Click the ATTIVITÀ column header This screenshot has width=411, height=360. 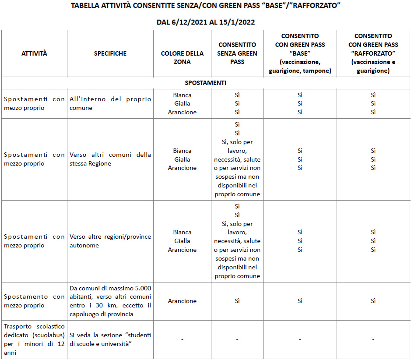click(34, 53)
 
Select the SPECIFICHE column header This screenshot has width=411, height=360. click(110, 53)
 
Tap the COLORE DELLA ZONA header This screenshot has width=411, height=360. click(182, 58)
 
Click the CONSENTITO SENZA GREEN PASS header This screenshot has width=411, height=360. click(237, 53)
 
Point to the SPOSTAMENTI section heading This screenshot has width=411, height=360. click(205, 83)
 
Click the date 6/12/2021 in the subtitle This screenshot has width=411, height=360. click(188, 22)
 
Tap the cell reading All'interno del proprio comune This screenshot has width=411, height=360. click(110, 103)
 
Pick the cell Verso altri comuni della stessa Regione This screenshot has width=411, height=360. click(110, 159)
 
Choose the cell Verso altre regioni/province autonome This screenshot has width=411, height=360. click(110, 241)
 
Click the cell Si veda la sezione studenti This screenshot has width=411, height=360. click(110, 339)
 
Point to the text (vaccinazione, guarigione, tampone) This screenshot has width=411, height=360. click(300, 66)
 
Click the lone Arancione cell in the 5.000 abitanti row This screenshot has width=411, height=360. click(182, 301)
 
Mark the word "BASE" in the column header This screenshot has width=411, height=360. click(300, 53)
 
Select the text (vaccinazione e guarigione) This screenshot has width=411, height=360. click(373, 66)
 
